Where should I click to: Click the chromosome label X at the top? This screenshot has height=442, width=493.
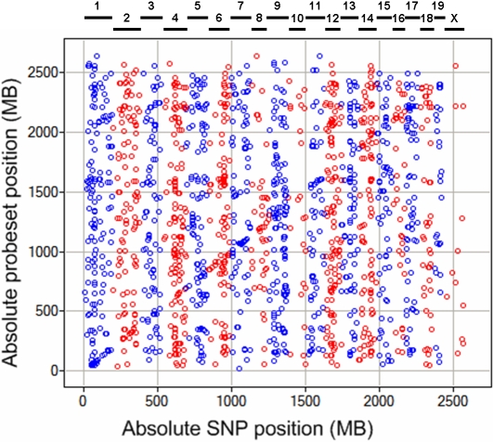click(x=452, y=18)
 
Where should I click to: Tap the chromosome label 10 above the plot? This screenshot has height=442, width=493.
click(x=296, y=18)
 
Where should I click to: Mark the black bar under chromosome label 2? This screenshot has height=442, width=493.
click(x=125, y=29)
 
